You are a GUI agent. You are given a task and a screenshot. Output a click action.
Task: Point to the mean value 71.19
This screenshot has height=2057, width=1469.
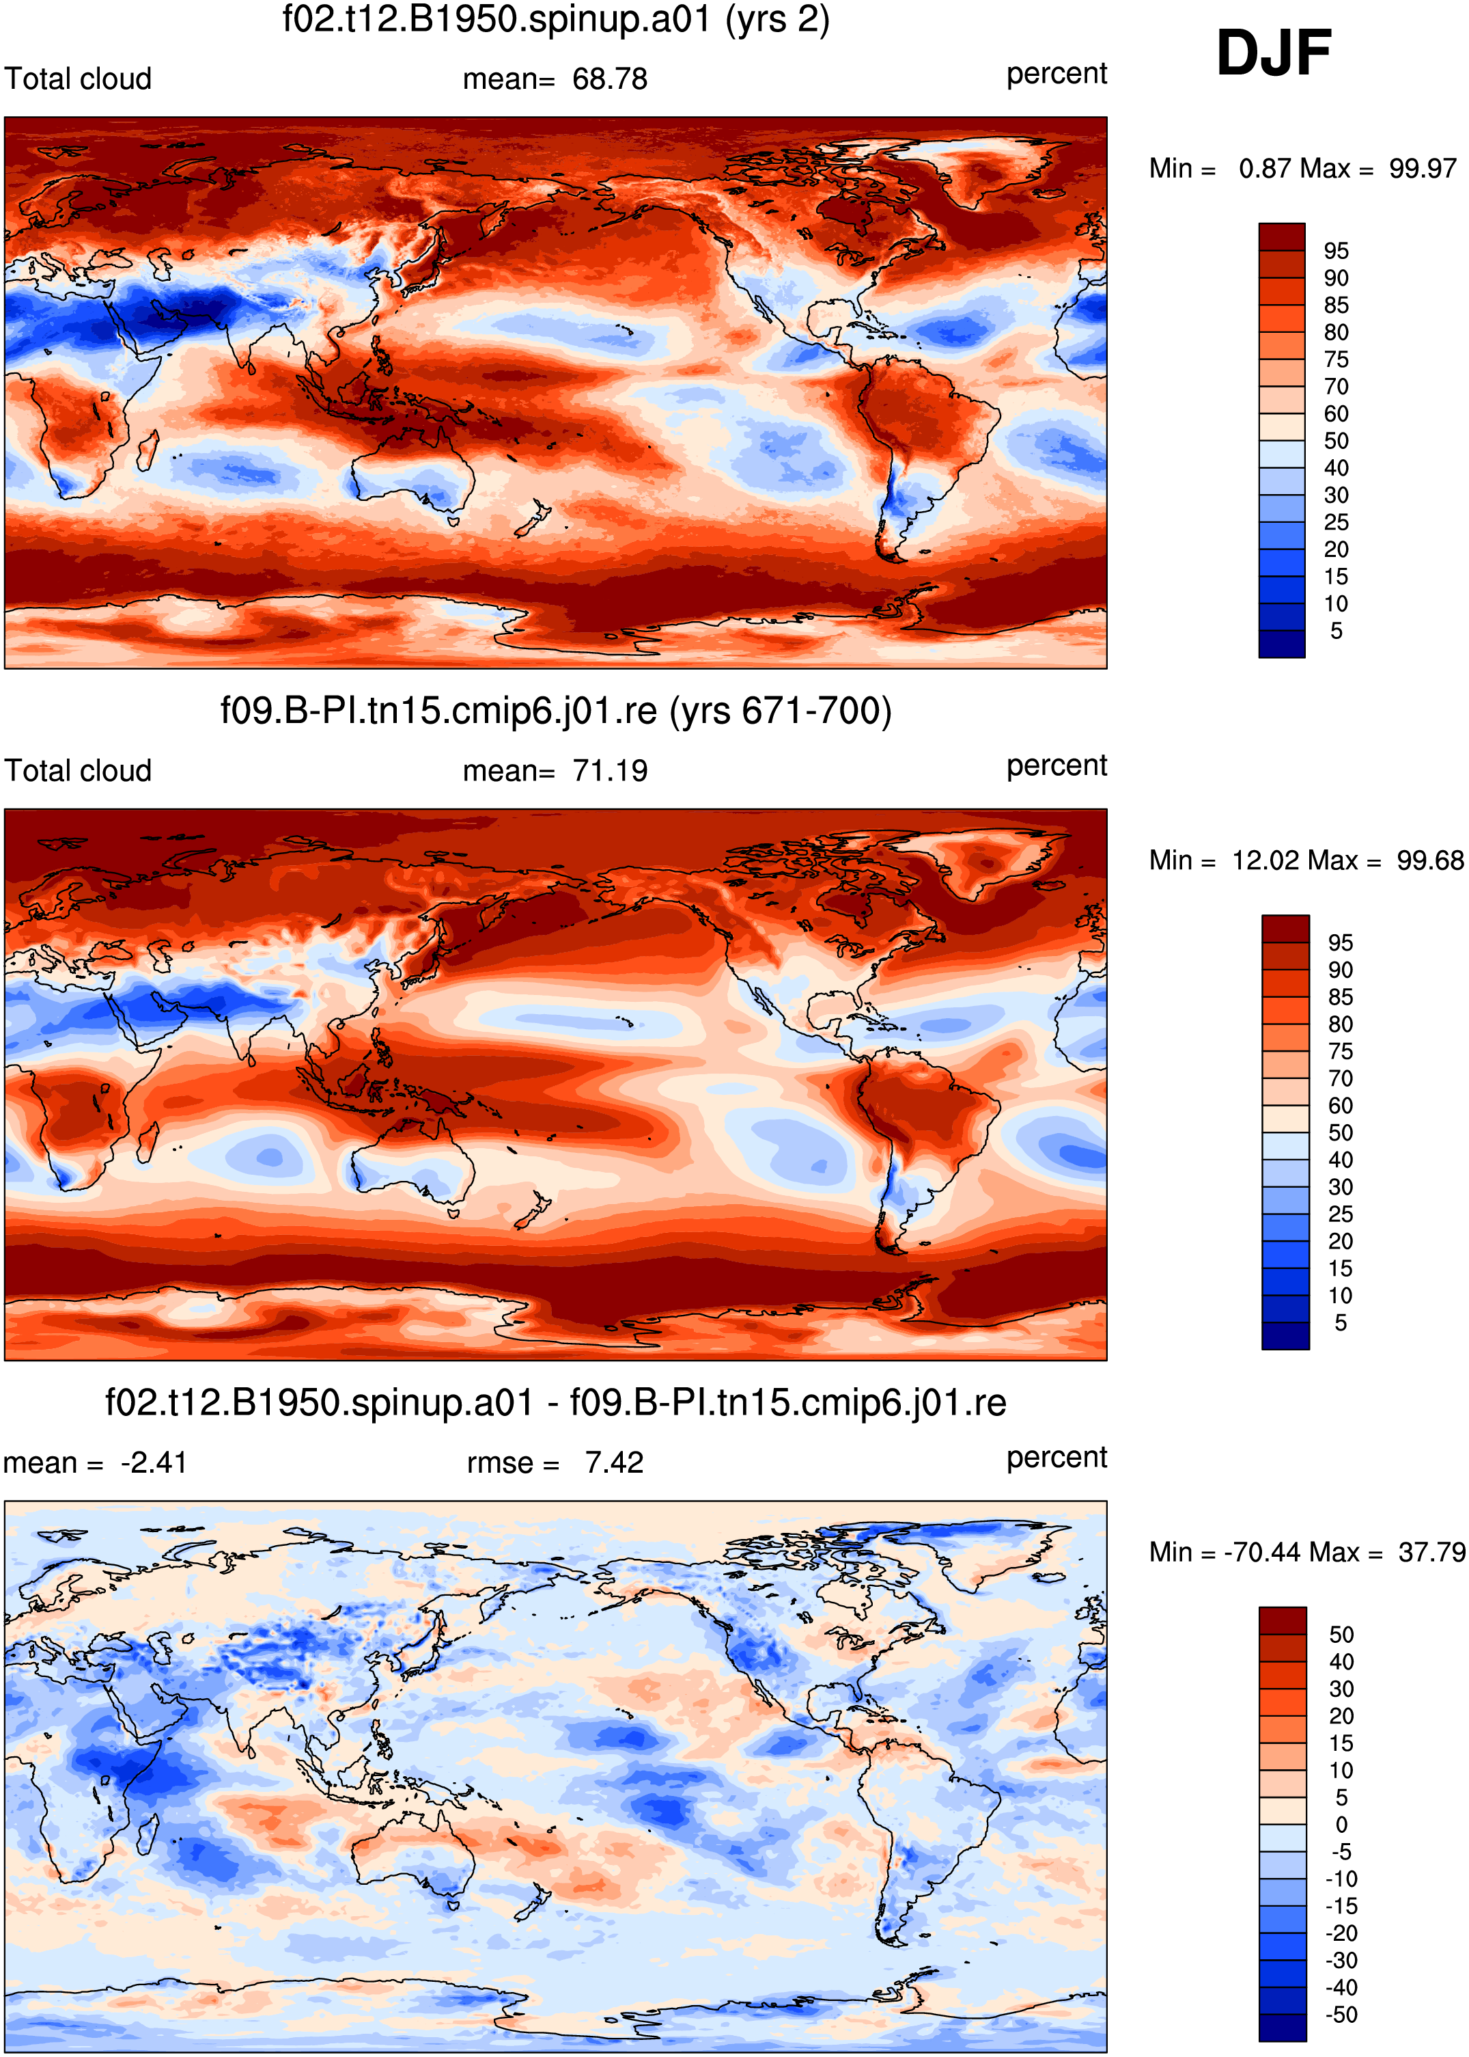click(610, 771)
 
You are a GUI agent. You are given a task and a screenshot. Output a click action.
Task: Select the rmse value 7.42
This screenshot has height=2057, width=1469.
click(614, 1462)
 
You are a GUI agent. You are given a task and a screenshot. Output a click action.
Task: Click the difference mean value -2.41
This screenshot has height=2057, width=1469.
click(154, 1462)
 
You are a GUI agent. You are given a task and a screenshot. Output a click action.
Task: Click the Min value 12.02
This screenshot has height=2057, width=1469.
click(1265, 860)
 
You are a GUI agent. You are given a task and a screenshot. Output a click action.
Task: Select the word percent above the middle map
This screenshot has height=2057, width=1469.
click(1057, 765)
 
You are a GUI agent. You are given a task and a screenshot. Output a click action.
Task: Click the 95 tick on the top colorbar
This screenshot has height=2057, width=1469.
click(1336, 251)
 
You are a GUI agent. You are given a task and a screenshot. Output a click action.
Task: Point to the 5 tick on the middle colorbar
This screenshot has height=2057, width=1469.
click(1341, 1323)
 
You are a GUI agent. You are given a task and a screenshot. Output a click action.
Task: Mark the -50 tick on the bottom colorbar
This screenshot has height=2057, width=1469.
click(1341, 2015)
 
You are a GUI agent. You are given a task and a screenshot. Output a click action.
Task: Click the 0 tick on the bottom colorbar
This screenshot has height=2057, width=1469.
click(1341, 1825)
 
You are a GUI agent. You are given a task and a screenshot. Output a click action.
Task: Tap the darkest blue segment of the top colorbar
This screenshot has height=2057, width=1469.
click(1282, 644)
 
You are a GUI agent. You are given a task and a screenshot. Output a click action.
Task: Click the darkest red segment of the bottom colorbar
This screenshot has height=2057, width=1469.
click(1283, 1621)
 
